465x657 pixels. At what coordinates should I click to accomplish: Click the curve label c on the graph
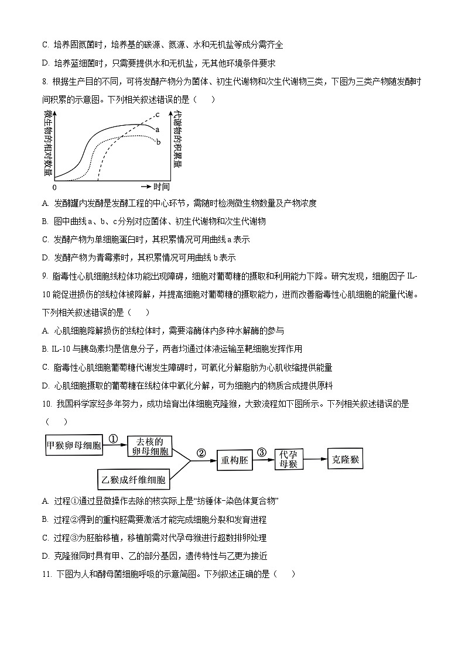158,114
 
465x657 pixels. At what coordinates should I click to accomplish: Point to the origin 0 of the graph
54,187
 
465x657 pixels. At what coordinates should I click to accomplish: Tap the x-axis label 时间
162,187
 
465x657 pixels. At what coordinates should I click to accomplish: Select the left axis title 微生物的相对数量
47,144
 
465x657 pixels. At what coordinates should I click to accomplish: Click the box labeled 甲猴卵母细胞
74,446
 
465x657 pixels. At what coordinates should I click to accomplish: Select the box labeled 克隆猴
344,460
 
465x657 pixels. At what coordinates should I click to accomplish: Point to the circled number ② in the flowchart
201,452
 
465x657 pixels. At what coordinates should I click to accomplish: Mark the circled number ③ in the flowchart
262,452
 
